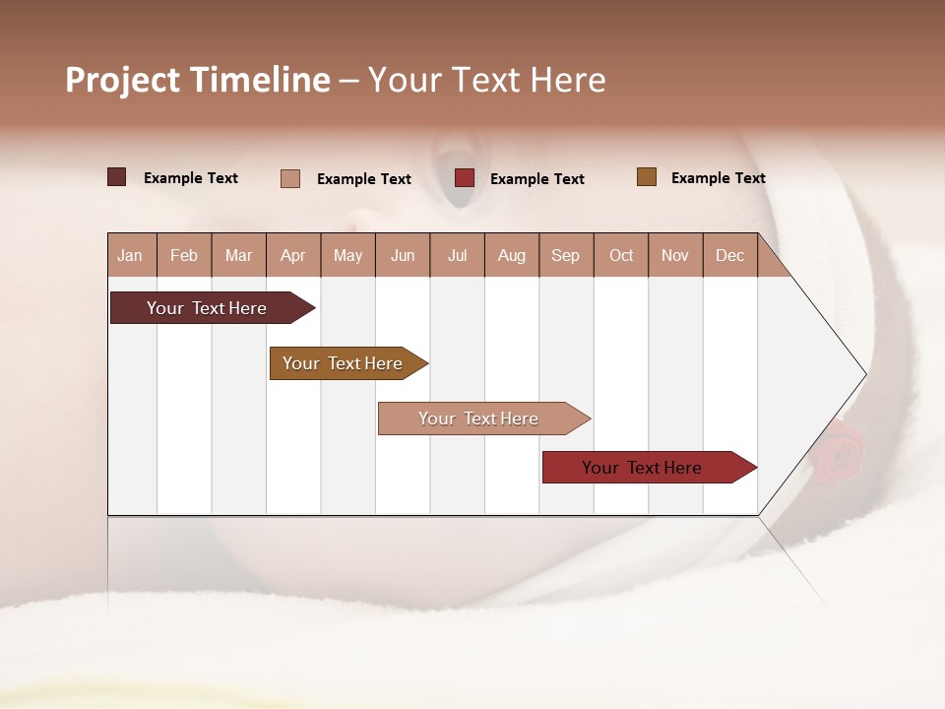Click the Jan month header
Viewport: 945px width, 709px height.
coord(131,255)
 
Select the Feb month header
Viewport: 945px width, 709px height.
coord(184,255)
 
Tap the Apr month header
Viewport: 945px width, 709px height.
coord(293,255)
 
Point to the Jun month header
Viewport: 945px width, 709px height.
coord(403,255)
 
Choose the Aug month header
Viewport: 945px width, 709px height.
coord(512,255)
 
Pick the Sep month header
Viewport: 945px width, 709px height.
coord(566,255)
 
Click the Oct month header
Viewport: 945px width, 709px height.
coord(621,255)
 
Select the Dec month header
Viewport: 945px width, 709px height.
coord(730,255)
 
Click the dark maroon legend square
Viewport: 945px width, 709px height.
coord(117,177)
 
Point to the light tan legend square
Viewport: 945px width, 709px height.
coord(290,178)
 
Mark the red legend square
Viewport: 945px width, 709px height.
coord(465,178)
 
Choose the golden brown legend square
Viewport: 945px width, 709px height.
coord(647,177)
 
